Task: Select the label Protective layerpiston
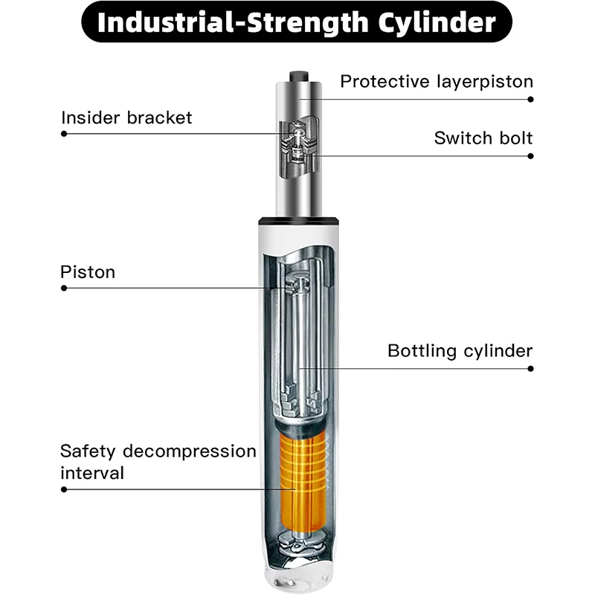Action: pos(437,82)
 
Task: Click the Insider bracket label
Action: pos(126,118)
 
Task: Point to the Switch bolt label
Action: pos(483,138)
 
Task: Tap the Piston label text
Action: pos(88,272)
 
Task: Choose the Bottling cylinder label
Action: pos(460,350)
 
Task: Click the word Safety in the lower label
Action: pos(88,451)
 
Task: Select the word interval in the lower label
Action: pos(92,472)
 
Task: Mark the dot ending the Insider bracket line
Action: pos(64,134)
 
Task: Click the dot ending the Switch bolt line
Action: pos(531,156)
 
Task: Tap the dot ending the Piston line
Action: pos(64,288)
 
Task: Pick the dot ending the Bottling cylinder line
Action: pos(531,368)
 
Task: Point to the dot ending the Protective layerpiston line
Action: pos(531,97)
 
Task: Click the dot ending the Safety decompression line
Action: pos(64,489)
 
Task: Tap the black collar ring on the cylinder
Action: pos(298,220)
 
